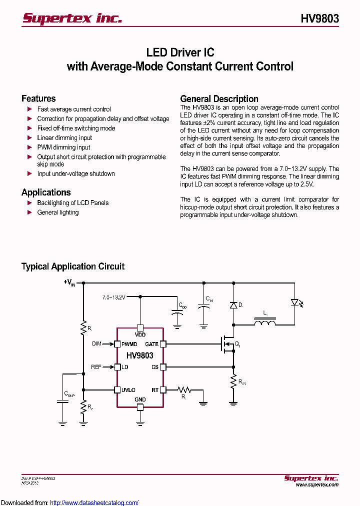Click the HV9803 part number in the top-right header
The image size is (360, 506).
(320, 18)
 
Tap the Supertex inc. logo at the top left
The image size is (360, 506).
(72, 18)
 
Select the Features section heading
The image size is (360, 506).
(38, 98)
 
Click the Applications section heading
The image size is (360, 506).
(46, 192)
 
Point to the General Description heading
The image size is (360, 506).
(219, 98)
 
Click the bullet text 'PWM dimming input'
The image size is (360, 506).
(63, 147)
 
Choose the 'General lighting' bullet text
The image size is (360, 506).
(57, 212)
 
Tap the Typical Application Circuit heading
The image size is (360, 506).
(73, 266)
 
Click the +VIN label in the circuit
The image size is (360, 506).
(69, 282)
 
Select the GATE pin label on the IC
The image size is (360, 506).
(151, 344)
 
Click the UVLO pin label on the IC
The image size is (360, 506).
(128, 390)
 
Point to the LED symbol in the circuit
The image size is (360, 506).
(294, 302)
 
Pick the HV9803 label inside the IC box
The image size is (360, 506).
(140, 355)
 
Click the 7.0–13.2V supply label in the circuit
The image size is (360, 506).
(114, 297)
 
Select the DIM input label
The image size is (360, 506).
(96, 344)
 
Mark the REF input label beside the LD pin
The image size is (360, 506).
(96, 367)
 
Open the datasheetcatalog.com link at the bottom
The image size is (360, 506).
(94, 502)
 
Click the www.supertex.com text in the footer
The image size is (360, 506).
(317, 484)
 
